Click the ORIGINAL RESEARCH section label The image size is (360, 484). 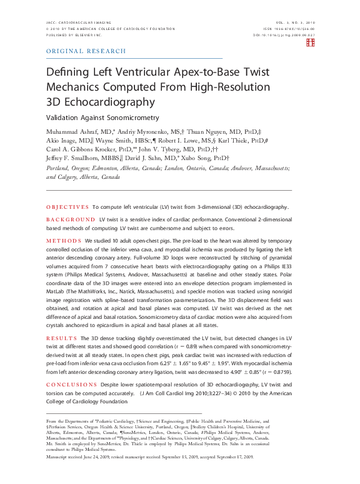[86, 51]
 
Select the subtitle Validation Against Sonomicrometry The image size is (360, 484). [102, 118]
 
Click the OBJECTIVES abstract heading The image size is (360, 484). [67, 206]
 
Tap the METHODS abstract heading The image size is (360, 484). [63, 240]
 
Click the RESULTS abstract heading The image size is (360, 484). [62, 338]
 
